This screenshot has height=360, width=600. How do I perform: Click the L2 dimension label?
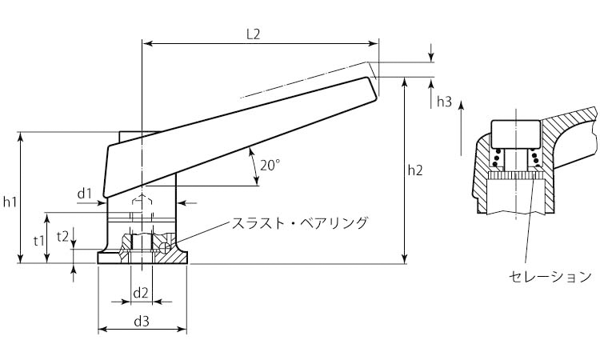point(253,34)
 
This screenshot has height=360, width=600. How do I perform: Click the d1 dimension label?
point(86,193)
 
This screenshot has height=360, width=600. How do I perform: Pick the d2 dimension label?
point(141,292)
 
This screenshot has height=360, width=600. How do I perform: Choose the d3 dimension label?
point(142,322)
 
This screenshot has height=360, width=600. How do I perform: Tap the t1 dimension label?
point(38,239)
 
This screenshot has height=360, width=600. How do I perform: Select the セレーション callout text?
point(550,276)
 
